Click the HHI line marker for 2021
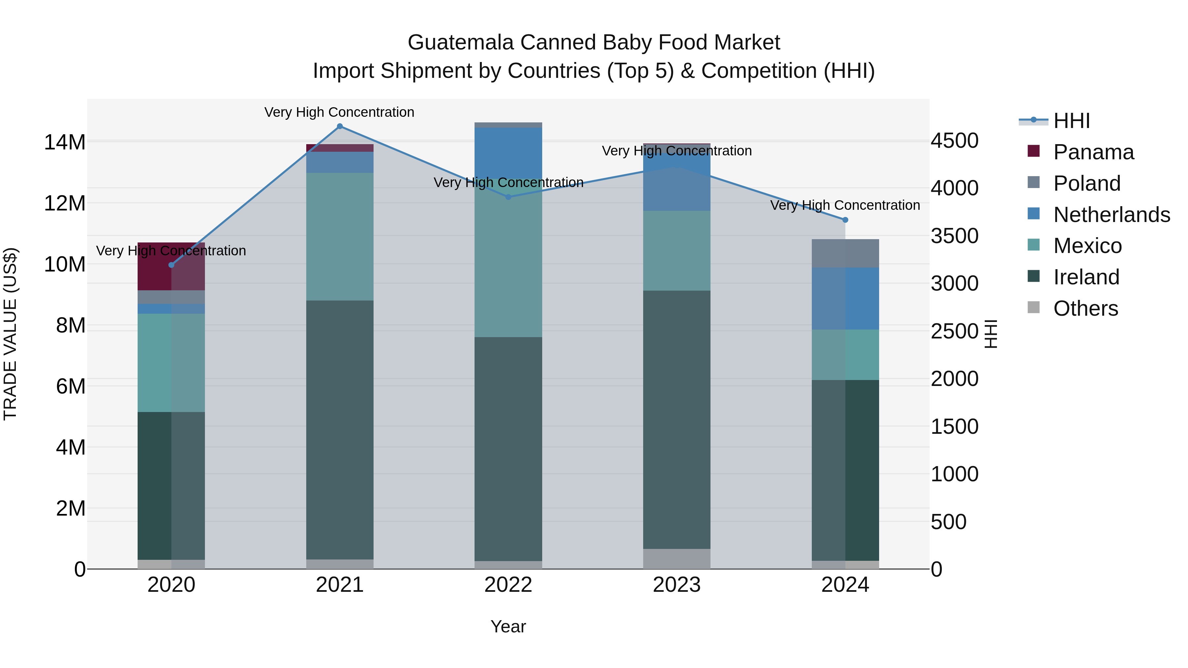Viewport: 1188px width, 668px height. point(340,126)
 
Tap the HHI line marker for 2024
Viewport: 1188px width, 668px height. point(845,220)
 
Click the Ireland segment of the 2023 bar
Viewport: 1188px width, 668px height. point(676,420)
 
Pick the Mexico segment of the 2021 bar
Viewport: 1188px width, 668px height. point(340,237)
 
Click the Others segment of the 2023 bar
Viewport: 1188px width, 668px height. point(676,559)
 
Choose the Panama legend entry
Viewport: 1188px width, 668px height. point(1093,152)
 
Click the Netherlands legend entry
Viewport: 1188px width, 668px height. point(1111,215)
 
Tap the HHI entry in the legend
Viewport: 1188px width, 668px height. point(1071,121)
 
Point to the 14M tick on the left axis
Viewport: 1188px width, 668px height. point(65,142)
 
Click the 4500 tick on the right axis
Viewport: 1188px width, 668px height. point(954,141)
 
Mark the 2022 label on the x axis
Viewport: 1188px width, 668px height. point(508,585)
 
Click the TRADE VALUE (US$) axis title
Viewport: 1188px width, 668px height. point(10,334)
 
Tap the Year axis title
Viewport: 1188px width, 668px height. point(508,626)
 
